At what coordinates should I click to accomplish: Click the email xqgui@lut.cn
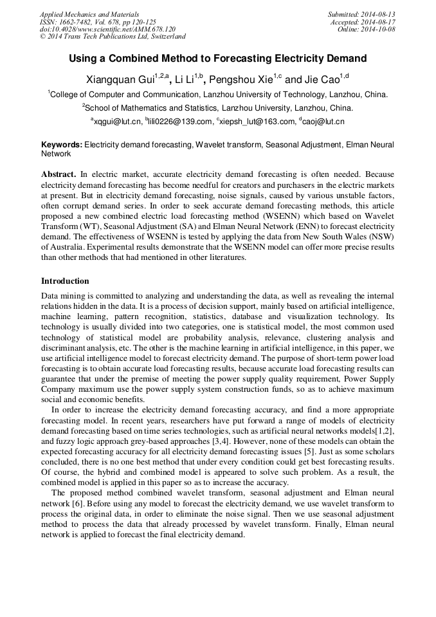pyautogui.click(x=118, y=121)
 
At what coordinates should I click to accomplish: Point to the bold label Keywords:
pyautogui.click(x=62, y=145)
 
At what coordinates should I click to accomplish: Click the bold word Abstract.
pyautogui.click(x=59, y=174)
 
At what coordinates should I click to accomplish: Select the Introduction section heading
pyautogui.click(x=65, y=281)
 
